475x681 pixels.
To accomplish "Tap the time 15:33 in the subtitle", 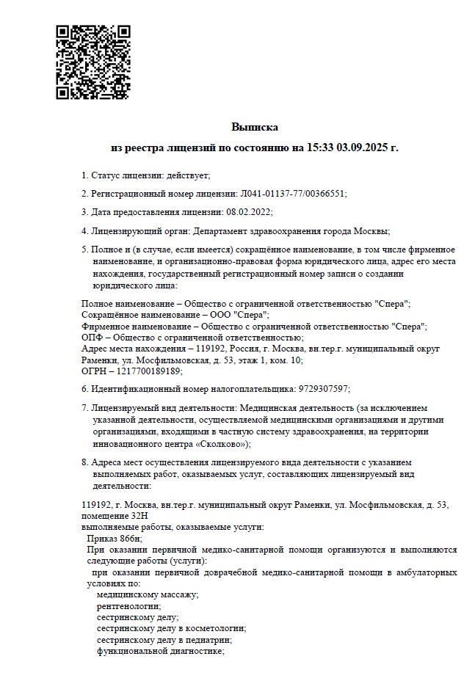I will pos(319,148).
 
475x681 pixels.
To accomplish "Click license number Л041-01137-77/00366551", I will pos(292,193).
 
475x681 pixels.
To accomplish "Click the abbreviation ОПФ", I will pos(91,337).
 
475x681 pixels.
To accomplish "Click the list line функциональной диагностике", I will pos(159,650).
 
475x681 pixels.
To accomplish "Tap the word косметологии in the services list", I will pos(212,628).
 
